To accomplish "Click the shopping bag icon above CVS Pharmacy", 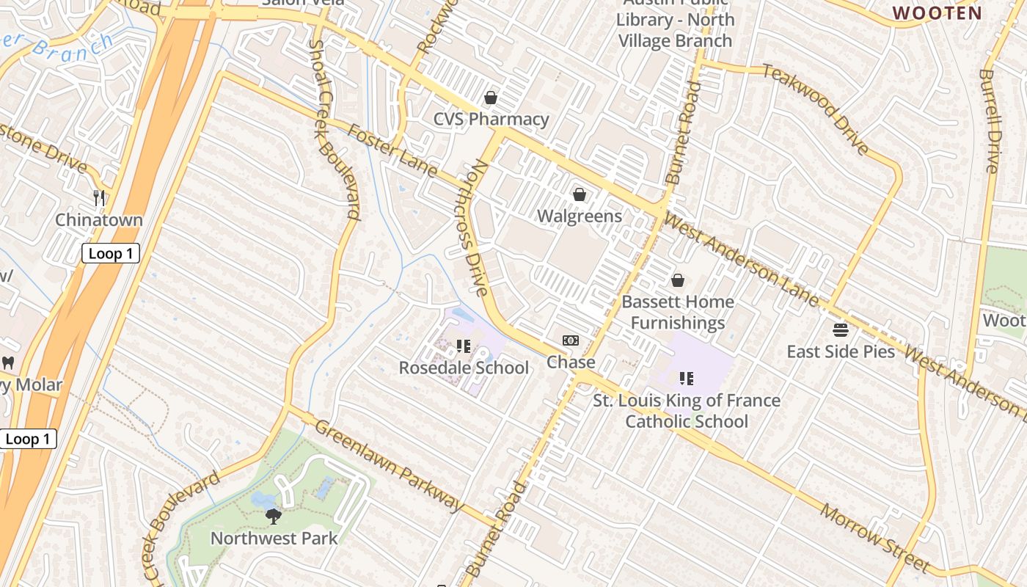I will point(491,98).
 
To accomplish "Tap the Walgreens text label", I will point(580,216).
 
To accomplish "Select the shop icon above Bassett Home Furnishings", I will point(678,280).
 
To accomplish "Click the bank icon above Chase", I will point(571,340).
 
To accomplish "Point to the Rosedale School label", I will point(463,368).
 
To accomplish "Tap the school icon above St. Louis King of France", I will point(687,379).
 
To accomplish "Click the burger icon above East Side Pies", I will point(841,330).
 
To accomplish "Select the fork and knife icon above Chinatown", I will point(100,197).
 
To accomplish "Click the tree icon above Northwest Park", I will point(274,517).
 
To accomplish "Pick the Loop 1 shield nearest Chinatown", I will point(110,254).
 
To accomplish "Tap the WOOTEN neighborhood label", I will point(937,12).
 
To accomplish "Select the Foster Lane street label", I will point(392,150).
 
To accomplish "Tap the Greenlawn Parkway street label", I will point(389,465).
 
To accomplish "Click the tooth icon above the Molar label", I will point(8,362).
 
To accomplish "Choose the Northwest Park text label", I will point(274,539).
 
